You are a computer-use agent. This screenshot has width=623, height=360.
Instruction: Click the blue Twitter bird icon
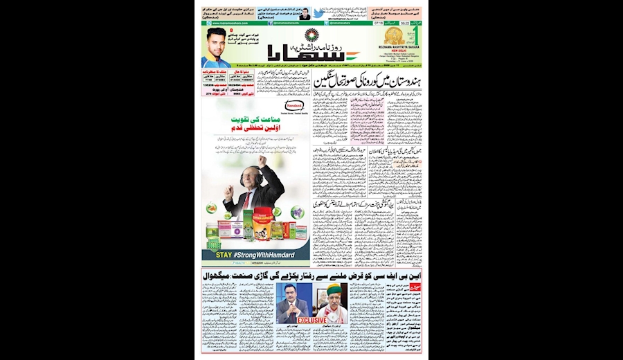click(318, 13)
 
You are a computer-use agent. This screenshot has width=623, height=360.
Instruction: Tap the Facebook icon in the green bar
click(270, 24)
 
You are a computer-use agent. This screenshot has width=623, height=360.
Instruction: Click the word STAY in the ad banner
click(225, 255)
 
